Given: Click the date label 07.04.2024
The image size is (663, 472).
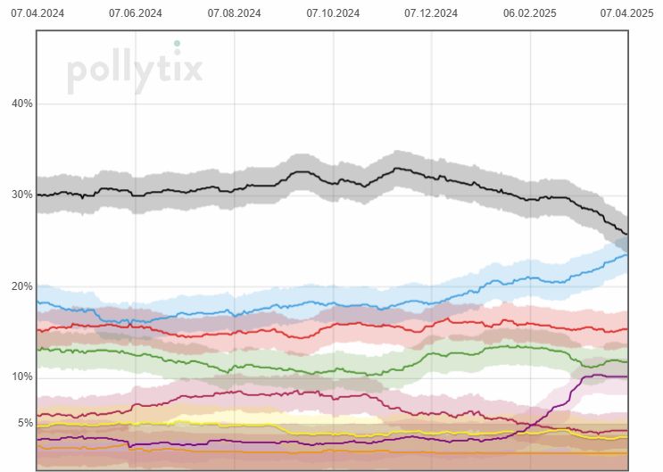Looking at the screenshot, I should (37, 13).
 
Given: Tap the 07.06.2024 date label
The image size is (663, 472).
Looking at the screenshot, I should (135, 13).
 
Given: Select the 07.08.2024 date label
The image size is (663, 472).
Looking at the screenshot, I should (234, 13).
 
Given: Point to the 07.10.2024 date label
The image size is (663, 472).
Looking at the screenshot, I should (333, 13).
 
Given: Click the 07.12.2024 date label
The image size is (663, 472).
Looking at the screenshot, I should (431, 13).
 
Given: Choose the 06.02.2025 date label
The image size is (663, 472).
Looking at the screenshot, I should (530, 13).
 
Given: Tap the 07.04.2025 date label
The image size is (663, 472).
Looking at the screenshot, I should (626, 13).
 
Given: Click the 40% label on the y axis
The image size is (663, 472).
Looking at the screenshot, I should (21, 104).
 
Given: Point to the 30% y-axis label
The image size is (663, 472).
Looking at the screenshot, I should (21, 195).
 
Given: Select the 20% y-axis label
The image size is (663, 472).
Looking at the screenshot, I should (21, 286).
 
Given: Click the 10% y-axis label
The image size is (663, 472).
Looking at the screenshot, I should (21, 377).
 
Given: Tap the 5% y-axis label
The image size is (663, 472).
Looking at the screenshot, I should (24, 423).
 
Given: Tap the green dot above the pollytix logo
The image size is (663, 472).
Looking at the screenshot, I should (177, 43).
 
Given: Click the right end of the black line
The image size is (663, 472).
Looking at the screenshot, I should (627, 235).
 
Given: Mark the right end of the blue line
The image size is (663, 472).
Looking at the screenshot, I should (627, 254).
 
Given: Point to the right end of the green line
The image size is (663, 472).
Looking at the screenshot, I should (627, 361).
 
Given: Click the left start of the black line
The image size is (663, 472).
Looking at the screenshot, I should (37, 195).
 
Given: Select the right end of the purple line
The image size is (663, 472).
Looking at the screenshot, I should (627, 377).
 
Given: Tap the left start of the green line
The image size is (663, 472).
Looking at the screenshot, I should (37, 349).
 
